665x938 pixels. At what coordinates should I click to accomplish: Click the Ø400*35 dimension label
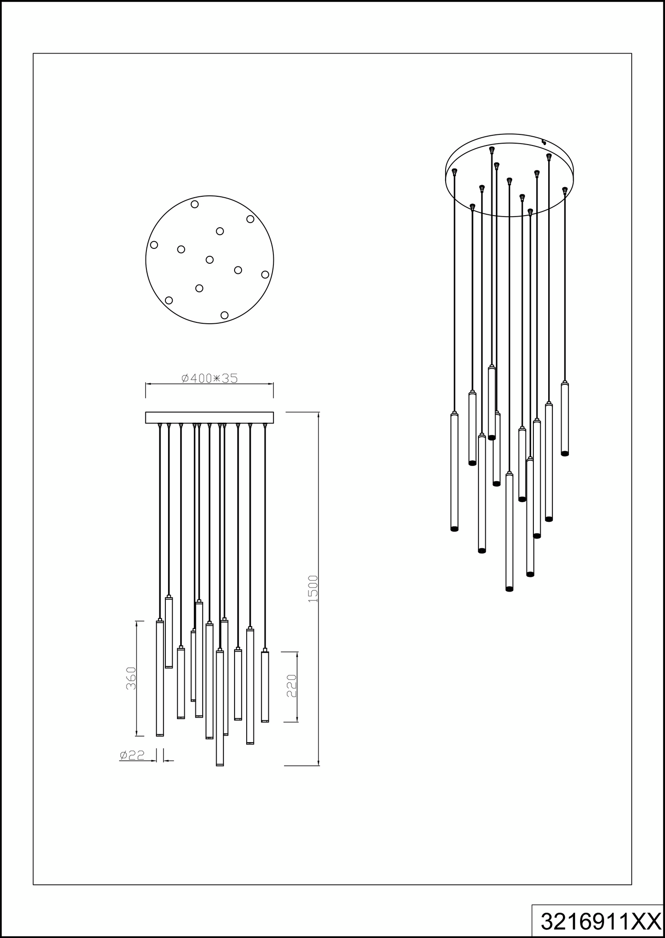210,378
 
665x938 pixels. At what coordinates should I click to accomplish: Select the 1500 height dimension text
313,588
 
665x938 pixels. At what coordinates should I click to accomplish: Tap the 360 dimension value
131,678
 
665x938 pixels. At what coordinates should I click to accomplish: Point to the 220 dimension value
291,686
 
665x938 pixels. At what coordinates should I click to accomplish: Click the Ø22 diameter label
132,755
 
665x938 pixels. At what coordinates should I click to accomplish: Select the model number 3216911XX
600,922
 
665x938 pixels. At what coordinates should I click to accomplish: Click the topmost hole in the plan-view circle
195,204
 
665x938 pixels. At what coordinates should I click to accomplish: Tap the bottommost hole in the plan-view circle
224,315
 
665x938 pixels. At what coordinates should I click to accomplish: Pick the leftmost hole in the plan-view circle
154,245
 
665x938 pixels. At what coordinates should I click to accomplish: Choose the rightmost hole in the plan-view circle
265,274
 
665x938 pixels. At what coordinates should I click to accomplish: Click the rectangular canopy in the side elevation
209,418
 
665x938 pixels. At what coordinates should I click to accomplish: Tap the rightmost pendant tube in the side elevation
265,686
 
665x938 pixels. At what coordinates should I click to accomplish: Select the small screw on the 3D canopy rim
544,141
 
